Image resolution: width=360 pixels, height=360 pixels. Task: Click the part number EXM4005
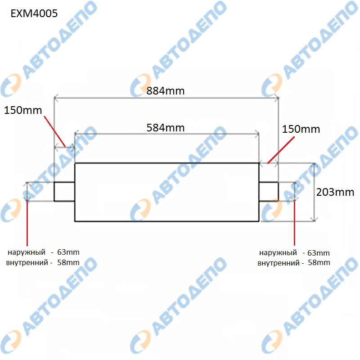[x=34, y=13]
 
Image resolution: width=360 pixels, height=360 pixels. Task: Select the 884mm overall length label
[x=165, y=91]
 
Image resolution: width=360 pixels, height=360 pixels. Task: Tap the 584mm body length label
[x=165, y=128]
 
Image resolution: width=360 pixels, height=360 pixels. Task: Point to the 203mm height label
[x=335, y=192]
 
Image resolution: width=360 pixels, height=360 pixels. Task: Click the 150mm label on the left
[x=23, y=110]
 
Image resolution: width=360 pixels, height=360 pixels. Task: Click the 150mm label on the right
[x=301, y=129]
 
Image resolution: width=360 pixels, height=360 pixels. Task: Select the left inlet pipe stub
[x=64, y=192]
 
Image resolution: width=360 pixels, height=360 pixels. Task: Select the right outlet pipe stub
[x=269, y=192]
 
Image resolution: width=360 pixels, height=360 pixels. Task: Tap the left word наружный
[x=27, y=252]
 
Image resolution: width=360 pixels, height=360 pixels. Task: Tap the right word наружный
[x=278, y=253]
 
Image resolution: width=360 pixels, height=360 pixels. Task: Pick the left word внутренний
[x=27, y=262]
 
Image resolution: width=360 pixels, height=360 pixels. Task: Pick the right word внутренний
[x=279, y=263]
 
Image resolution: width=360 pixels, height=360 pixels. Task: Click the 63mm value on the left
[x=68, y=252]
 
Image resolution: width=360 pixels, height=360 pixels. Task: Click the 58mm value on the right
[x=319, y=262]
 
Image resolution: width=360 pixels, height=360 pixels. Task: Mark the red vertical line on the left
[x=27, y=223]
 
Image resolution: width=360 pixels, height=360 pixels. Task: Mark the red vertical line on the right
[x=294, y=223]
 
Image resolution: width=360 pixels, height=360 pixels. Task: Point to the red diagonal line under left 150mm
[x=55, y=131]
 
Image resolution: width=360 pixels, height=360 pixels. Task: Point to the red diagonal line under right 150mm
[x=281, y=150]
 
